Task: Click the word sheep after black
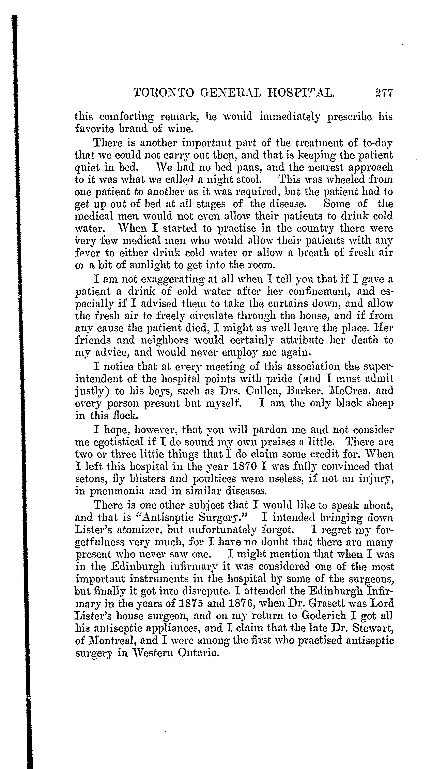coord(381,403)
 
